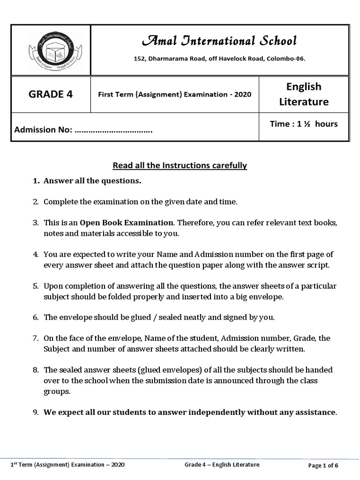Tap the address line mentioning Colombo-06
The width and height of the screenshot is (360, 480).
[219, 59]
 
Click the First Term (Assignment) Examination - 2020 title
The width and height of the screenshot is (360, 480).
[174, 94]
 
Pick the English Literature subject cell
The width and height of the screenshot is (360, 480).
[304, 94]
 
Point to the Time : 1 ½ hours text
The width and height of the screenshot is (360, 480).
[303, 124]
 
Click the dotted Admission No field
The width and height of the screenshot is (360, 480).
[113, 130]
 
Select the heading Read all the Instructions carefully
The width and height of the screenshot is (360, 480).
[180, 165]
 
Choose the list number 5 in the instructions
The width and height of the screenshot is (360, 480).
[35, 286]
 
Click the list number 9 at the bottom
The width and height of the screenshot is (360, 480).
[35, 412]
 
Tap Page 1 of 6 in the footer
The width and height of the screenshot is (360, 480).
[323, 465]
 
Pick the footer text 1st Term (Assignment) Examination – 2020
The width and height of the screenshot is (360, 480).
[68, 465]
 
